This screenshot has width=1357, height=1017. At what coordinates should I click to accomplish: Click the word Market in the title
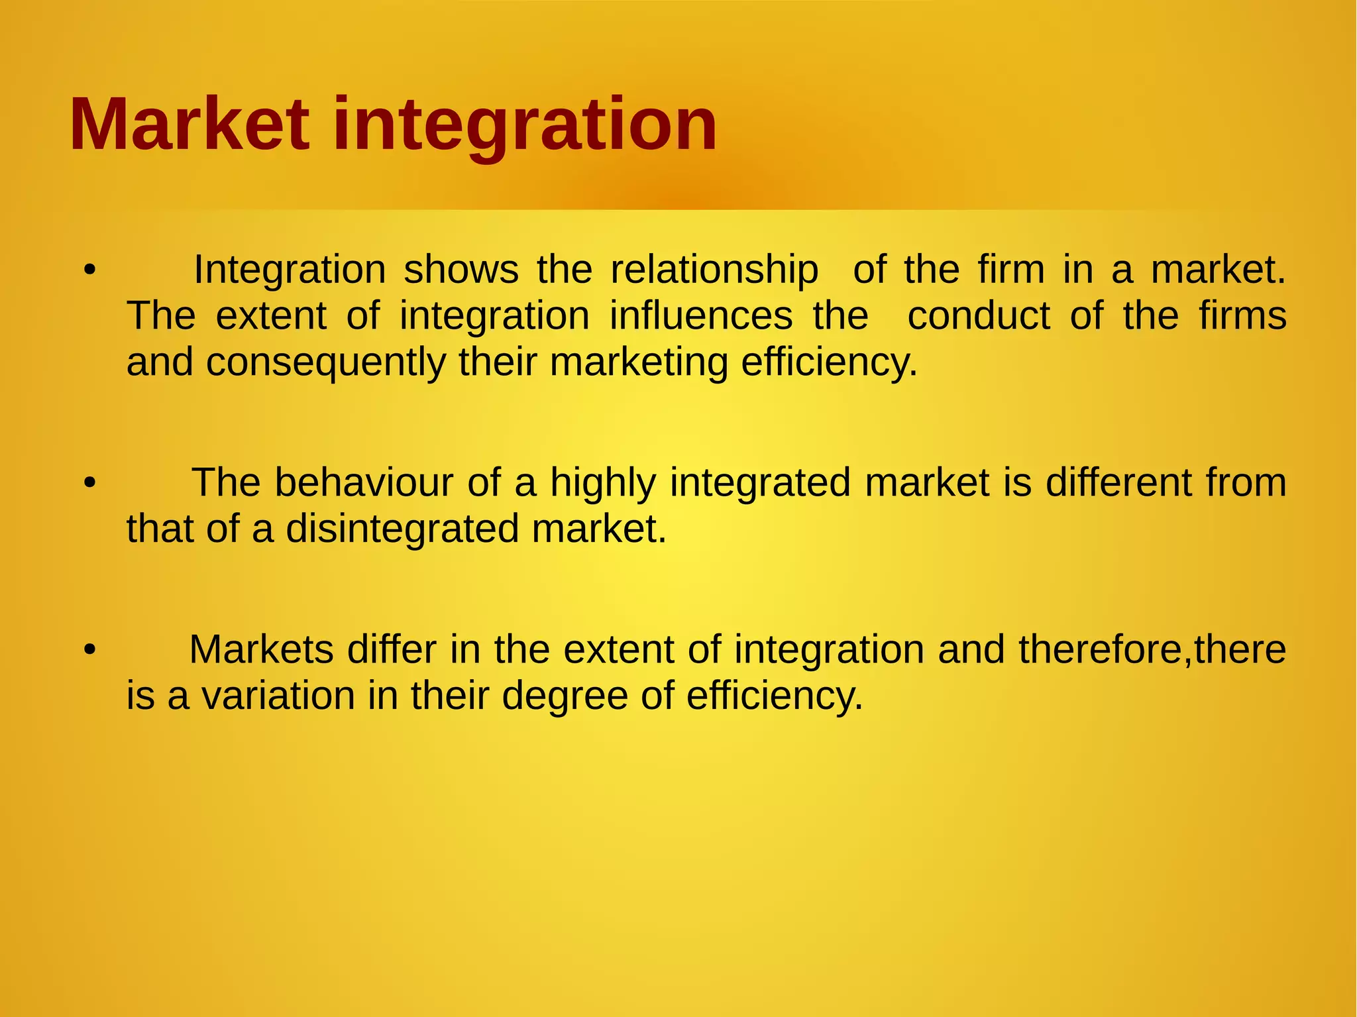point(190,125)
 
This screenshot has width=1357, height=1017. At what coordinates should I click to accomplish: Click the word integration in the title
point(525,126)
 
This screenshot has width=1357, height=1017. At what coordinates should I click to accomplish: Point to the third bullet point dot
point(90,650)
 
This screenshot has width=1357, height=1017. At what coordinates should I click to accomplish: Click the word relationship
point(714,270)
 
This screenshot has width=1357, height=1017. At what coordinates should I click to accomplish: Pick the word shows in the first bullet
point(461,270)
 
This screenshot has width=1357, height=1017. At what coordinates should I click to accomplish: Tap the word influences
point(701,316)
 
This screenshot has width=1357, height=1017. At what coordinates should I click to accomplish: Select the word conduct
point(979,316)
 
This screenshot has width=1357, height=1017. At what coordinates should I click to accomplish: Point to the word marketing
point(638,363)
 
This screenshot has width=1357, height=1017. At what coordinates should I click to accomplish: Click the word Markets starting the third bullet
point(261,650)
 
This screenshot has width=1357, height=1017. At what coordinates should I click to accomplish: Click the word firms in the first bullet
point(1242,316)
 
